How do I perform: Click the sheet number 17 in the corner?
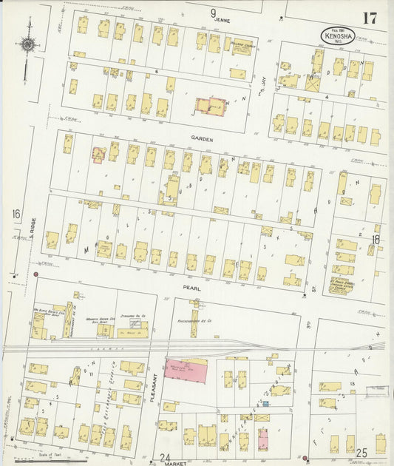click(x=368, y=18)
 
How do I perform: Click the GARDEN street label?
click(x=202, y=138)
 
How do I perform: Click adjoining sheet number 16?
click(x=15, y=214)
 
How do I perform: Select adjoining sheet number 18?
click(x=376, y=239)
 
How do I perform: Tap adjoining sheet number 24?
click(x=164, y=456)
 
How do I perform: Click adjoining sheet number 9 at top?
click(x=214, y=13)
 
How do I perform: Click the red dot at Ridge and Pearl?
click(x=35, y=277)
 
